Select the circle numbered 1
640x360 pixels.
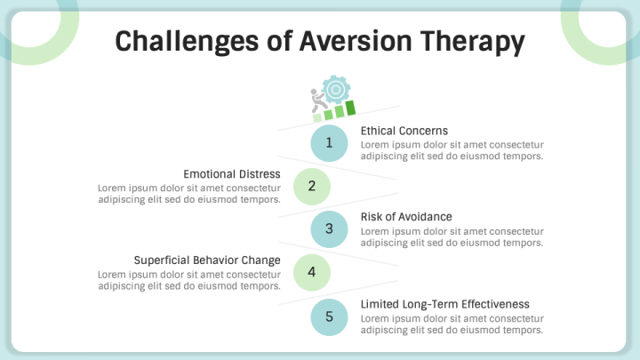pos(329,142)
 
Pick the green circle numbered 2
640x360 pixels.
pos(311,186)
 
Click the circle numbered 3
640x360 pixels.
pos(329,228)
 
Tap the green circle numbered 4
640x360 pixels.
pos(311,272)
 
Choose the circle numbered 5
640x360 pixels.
pos(329,316)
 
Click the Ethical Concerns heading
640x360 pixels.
pos(404,131)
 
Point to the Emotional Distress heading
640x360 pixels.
pos(232,174)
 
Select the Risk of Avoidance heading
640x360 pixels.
pos(406,217)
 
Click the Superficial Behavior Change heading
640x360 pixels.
pos(207,260)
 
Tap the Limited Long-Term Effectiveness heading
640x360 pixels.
pos(444,304)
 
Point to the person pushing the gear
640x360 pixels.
pos(317,103)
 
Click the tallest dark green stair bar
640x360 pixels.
pos(350,108)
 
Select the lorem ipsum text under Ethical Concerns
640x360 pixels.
pos(452,150)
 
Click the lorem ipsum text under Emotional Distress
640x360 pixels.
pos(189,194)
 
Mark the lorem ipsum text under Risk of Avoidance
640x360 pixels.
pos(452,236)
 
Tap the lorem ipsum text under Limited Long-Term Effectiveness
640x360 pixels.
pos(452,324)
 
